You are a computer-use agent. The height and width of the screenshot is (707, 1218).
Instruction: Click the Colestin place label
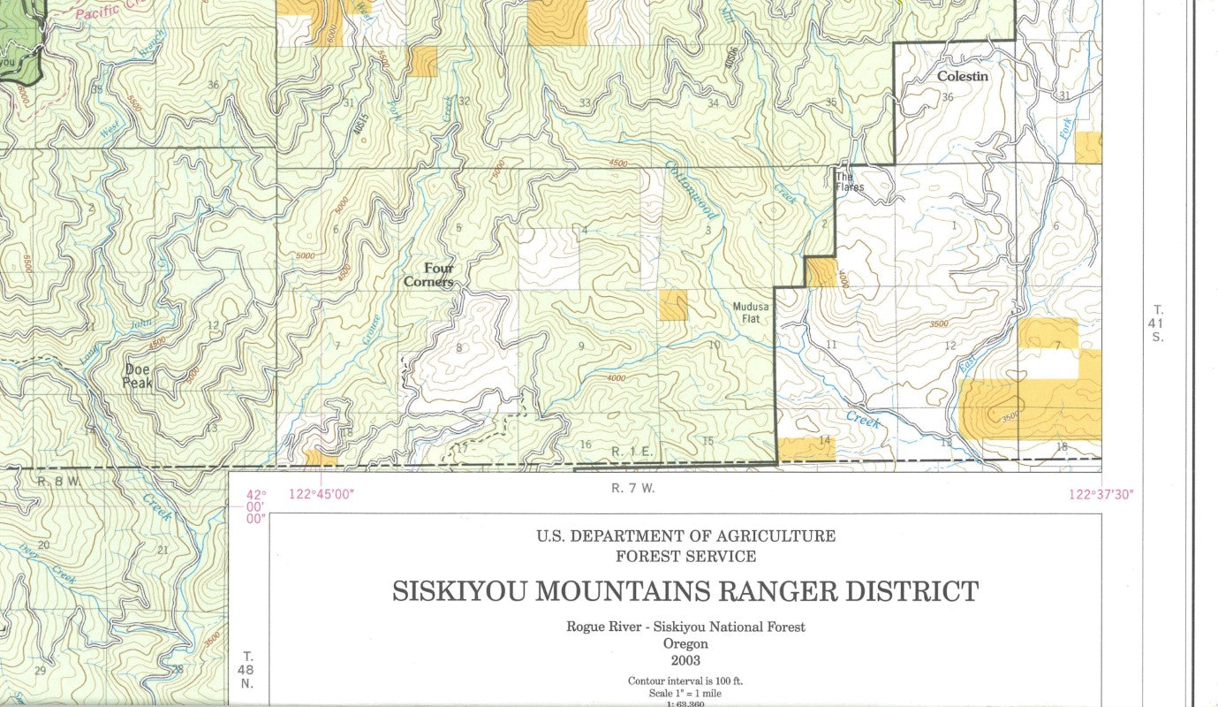[962, 77]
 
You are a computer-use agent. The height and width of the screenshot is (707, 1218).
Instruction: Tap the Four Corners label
[430, 275]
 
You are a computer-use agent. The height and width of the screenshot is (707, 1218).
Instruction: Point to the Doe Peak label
[138, 376]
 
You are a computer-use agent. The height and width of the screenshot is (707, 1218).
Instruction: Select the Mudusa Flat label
[751, 313]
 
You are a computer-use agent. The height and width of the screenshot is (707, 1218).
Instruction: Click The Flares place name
[850, 182]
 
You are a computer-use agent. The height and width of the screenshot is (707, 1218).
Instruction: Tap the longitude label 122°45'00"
[321, 495]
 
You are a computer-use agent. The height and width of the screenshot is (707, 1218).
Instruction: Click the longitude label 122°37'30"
[1101, 495]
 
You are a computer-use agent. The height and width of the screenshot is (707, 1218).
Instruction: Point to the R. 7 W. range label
[632, 488]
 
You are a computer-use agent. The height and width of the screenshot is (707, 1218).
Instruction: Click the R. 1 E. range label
[632, 452]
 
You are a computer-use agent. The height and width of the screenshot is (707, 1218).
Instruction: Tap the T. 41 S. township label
[1158, 323]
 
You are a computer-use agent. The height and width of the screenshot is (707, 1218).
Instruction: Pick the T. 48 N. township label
[248, 670]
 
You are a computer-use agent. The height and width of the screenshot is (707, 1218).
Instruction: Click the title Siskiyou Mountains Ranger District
[685, 591]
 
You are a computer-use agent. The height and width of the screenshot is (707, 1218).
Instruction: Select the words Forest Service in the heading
[685, 557]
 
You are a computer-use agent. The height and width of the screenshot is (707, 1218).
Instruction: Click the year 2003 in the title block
[685, 660]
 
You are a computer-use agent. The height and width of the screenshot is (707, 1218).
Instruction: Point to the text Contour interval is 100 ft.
[685, 681]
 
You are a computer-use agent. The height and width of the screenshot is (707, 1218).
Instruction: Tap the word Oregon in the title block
[685, 643]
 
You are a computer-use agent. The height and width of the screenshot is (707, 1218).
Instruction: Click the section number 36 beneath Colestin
[948, 97]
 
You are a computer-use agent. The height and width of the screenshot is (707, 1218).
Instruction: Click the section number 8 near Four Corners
[458, 348]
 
